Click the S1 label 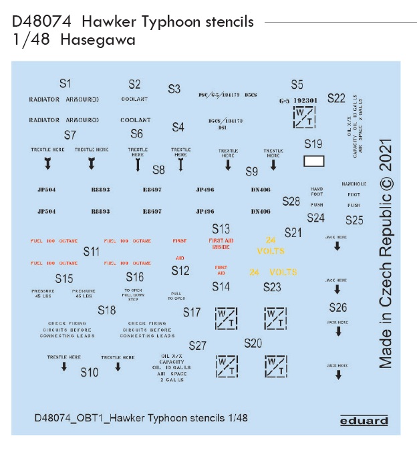(x=65, y=83)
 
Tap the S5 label (x=297, y=85)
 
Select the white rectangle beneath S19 (x=313, y=161)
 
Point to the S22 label (x=336, y=98)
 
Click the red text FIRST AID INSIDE (x=221, y=244)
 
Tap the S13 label (x=221, y=228)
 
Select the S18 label (x=106, y=310)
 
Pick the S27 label (x=197, y=345)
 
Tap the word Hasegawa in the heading (x=98, y=40)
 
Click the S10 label (x=90, y=372)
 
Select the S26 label (x=338, y=307)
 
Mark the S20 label (x=253, y=343)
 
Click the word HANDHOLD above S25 (x=354, y=184)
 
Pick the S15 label (x=64, y=278)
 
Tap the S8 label (x=158, y=170)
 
